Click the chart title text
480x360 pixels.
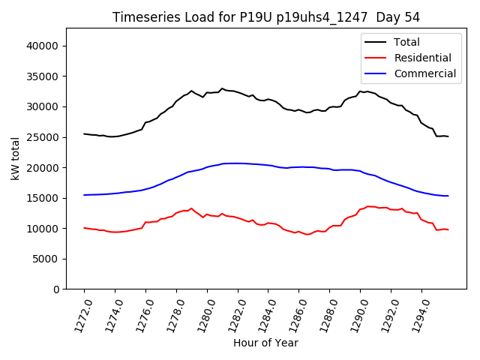coord(266,16)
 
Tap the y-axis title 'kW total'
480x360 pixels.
coord(15,159)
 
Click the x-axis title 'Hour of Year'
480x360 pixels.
coord(265,343)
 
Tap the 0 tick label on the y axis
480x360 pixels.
coord(57,289)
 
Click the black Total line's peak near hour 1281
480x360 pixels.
coord(222,88)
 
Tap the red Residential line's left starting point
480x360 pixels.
coord(84,227)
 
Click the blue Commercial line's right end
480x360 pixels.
coord(448,196)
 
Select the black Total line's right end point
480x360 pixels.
coord(448,136)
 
